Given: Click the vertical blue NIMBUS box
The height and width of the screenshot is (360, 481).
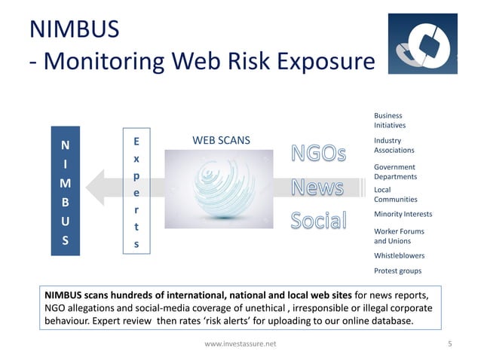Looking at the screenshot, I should pyautogui.click(x=65, y=191).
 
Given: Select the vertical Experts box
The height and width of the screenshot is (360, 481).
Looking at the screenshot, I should pyautogui.click(x=136, y=191).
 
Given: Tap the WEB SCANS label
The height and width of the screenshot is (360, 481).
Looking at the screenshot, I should pyautogui.click(x=221, y=140).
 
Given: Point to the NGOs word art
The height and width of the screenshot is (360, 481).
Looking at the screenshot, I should pyautogui.click(x=319, y=154).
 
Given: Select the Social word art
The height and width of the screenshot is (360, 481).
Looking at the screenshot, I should pyautogui.click(x=318, y=221).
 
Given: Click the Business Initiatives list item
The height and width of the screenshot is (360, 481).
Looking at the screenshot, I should pyautogui.click(x=390, y=120).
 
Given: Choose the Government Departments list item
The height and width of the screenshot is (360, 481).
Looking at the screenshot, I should pyautogui.click(x=395, y=171).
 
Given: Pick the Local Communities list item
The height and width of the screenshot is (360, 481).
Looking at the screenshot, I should pyautogui.click(x=395, y=194).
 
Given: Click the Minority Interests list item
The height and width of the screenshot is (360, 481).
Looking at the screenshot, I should pyautogui.click(x=403, y=215).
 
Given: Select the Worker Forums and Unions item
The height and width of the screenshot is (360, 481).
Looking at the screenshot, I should pyautogui.click(x=399, y=236).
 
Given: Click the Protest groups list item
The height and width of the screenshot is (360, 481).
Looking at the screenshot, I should pyautogui.click(x=397, y=270).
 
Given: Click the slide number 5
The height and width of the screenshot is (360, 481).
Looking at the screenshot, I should pyautogui.click(x=449, y=343).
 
